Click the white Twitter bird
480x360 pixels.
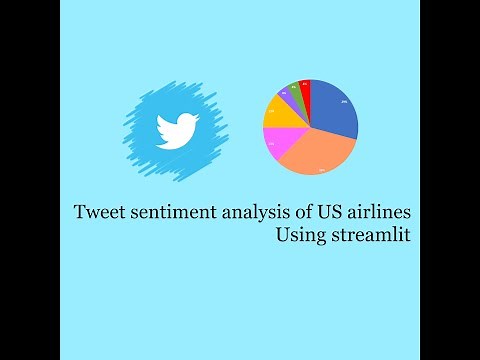pos(174,131)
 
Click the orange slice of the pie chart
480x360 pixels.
pos(318,149)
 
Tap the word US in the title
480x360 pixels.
pos(319,213)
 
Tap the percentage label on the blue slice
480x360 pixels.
pos(343,102)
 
